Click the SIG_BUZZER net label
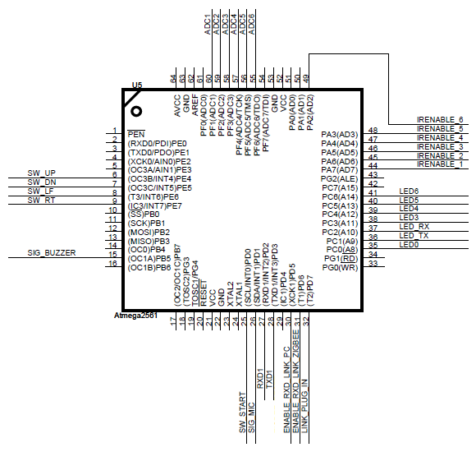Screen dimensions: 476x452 coord(52,253)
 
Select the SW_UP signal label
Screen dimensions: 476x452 coord(42,173)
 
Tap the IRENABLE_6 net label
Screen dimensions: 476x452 coord(440,120)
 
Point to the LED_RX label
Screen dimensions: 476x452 coord(414,227)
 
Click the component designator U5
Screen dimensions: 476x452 coord(137,85)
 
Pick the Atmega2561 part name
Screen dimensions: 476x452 coord(135,316)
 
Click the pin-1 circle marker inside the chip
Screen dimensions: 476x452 coord(136,112)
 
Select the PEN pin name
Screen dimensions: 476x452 coord(136,134)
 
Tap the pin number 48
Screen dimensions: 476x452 coord(373,130)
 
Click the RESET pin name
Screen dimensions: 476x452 coord(204,293)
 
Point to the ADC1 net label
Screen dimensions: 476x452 coord(208,25)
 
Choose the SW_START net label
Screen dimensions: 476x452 coord(242,413)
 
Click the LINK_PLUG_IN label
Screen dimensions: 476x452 coord(304,406)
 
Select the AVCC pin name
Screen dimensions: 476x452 coord(177,106)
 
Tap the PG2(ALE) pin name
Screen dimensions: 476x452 coord(340,179)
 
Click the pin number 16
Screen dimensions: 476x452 coord(112,263)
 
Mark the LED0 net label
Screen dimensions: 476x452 coord(409,245)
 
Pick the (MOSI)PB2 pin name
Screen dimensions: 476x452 coord(149,233)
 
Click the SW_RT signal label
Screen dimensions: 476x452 coord(41,201)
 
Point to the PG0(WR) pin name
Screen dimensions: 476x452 coord(341,268)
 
